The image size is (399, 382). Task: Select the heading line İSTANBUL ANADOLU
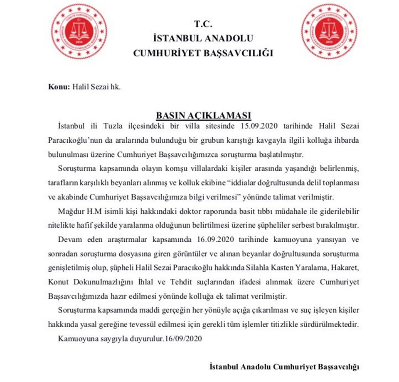click(x=203, y=38)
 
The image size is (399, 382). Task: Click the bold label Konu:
click(x=57, y=88)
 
